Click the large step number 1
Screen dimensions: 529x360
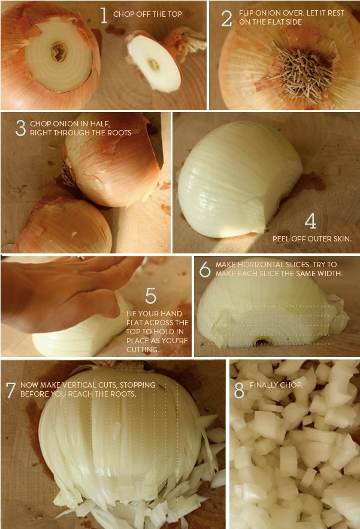104,15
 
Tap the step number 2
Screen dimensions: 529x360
226,18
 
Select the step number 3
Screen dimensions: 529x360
21,128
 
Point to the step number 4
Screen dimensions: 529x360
310,221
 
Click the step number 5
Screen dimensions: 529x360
150,295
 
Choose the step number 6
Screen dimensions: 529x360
205,270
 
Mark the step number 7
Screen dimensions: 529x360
10,390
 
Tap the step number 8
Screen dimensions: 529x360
239,390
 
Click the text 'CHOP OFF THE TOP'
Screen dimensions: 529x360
147,14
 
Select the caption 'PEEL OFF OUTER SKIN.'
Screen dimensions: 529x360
311,238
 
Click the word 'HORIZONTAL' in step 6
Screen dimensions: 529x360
255,264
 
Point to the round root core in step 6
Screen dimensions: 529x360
263,342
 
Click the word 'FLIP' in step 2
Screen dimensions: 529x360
246,13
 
